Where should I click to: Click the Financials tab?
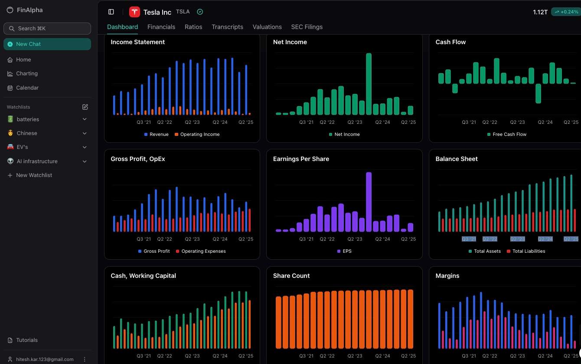click(x=161, y=27)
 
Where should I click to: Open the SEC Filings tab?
click(x=307, y=27)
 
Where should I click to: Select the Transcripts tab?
click(x=227, y=27)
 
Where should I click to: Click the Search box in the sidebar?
click(x=47, y=29)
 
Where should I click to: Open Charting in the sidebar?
click(x=27, y=74)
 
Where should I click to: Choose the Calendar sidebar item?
click(x=27, y=88)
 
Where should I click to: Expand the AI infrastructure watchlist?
click(x=85, y=161)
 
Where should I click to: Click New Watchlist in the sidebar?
click(x=34, y=175)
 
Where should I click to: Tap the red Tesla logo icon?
click(x=134, y=12)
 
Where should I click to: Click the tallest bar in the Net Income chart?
click(x=369, y=84)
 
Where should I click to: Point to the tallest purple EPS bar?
click(x=369, y=202)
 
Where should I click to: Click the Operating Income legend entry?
click(x=200, y=135)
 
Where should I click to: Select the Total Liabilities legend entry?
click(x=529, y=251)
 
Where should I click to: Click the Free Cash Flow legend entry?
click(x=509, y=135)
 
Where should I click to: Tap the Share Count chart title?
click(x=291, y=276)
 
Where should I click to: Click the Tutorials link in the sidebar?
click(x=26, y=340)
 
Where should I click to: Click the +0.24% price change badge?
click(x=566, y=12)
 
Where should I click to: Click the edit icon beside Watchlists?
click(x=85, y=107)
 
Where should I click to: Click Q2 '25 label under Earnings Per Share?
click(x=408, y=239)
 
